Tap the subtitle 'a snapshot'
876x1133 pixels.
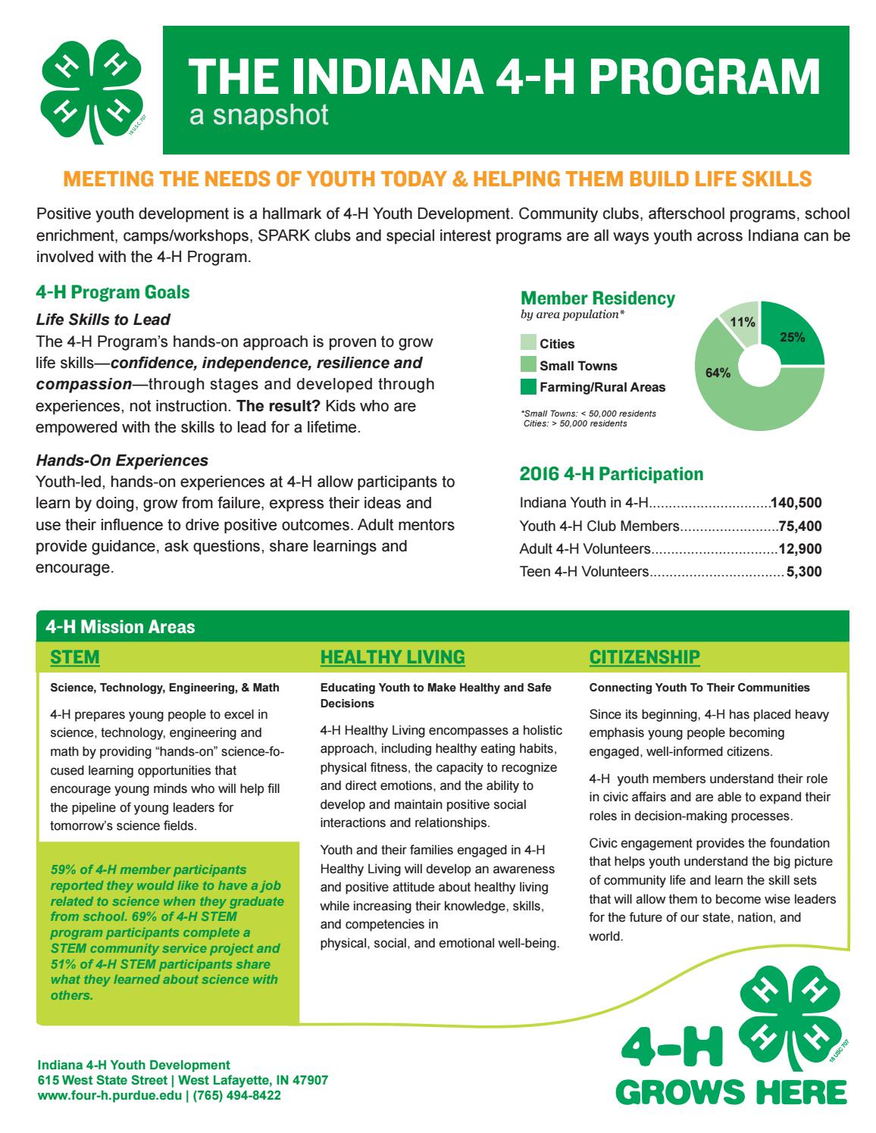[258, 115]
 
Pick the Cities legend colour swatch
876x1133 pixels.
[528, 344]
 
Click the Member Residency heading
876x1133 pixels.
[597, 298]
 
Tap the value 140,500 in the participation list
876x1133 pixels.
[795, 502]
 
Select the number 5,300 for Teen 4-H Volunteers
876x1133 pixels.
[804, 572]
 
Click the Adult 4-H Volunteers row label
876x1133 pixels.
[585, 548]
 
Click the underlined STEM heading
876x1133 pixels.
[74, 657]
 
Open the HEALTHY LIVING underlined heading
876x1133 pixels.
[392, 657]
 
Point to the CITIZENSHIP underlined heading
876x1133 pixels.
[644, 657]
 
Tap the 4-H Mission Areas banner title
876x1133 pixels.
[120, 626]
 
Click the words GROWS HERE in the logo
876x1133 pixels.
[731, 1091]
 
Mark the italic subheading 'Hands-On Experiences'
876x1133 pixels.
[122, 460]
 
